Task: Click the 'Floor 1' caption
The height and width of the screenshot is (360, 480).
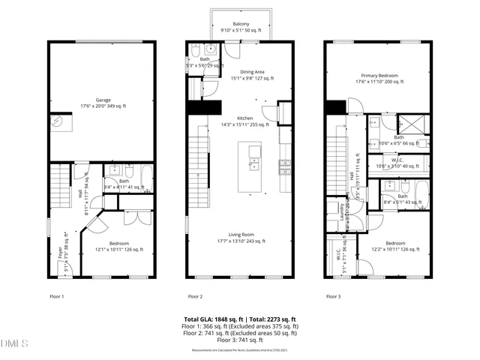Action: (57, 296)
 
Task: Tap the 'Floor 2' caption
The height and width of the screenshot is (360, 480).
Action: (196, 296)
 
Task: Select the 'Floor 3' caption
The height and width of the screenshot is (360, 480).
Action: (333, 296)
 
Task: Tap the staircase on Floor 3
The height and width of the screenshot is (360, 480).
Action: (338, 165)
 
